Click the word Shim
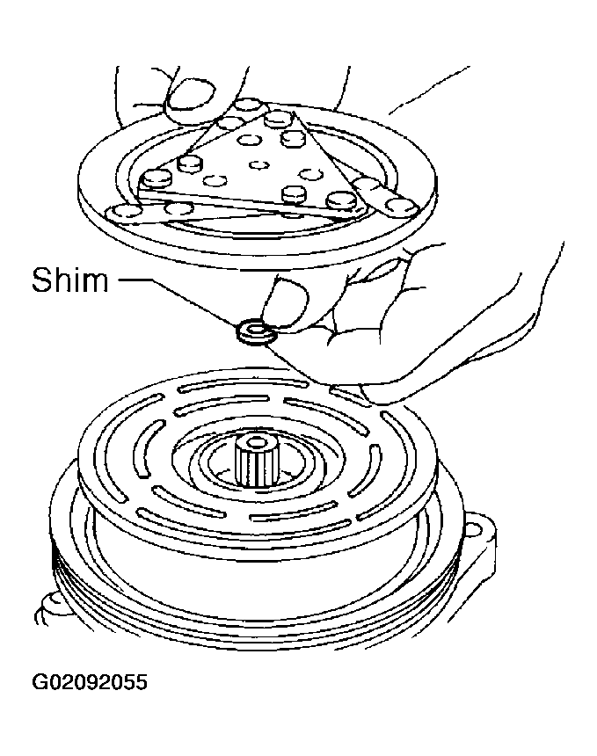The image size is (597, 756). click(x=70, y=280)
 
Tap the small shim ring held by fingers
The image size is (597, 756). click(x=254, y=332)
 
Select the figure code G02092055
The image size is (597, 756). click(x=89, y=682)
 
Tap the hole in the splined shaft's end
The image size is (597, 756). click(x=256, y=442)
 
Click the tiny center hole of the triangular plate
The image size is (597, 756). click(x=259, y=165)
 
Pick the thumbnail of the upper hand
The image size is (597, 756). click(x=192, y=96)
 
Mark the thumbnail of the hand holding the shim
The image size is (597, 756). click(x=287, y=303)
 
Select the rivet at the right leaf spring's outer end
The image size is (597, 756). click(x=403, y=206)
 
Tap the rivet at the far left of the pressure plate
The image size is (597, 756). click(x=122, y=212)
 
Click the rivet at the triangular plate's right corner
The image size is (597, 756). click(x=342, y=200)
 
